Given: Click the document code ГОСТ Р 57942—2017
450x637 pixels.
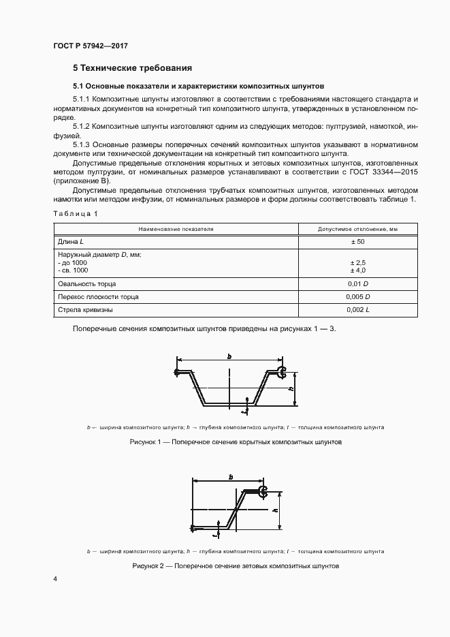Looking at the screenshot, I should (x=90, y=46).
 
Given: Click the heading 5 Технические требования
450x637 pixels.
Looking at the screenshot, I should (x=132, y=68).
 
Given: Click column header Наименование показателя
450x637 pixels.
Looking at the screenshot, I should (x=176, y=229).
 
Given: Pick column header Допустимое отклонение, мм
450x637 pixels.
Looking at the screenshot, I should (x=357, y=229).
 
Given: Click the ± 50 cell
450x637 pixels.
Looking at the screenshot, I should (x=357, y=242).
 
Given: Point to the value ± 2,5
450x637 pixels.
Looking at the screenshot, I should (x=357, y=262).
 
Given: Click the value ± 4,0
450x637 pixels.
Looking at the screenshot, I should (x=357, y=270).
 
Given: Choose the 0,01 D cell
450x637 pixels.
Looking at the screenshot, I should (x=357, y=283).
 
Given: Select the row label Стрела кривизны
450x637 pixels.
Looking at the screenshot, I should (x=86, y=309).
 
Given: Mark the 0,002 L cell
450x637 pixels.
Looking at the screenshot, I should (x=357, y=309).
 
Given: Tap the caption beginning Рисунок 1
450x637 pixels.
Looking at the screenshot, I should (x=235, y=442).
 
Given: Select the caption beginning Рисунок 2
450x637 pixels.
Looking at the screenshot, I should (x=235, y=566).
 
